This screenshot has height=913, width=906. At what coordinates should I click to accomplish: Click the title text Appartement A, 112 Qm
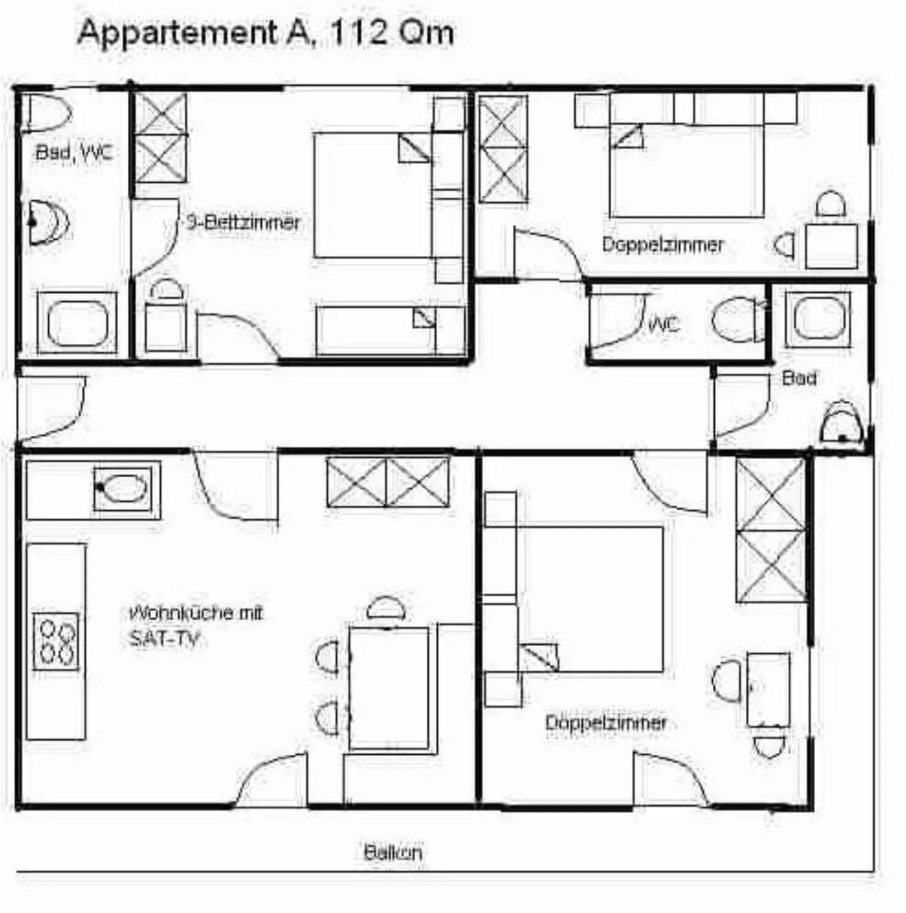pyautogui.click(x=265, y=33)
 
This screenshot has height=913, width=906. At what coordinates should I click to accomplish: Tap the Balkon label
pyautogui.click(x=393, y=852)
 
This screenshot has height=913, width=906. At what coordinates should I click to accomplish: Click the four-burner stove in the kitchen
pyautogui.click(x=56, y=642)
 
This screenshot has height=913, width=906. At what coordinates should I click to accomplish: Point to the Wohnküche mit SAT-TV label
pyautogui.click(x=195, y=625)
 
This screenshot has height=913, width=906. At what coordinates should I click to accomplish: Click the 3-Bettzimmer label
pyautogui.click(x=243, y=222)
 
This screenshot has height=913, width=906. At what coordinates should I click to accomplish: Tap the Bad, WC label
pyautogui.click(x=73, y=152)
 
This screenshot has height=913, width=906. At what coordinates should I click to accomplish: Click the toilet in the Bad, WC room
pyautogui.click(x=48, y=113)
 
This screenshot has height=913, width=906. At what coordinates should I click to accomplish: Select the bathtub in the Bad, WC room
pyautogui.click(x=77, y=323)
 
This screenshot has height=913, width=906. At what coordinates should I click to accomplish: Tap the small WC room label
pyautogui.click(x=664, y=324)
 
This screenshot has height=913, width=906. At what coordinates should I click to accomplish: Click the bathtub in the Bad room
pyautogui.click(x=818, y=319)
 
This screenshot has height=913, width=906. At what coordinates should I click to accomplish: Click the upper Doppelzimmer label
pyautogui.click(x=662, y=245)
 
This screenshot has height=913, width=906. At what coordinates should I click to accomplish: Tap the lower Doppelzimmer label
pyautogui.click(x=605, y=723)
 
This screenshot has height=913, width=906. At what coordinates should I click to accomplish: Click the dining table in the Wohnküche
pyautogui.click(x=389, y=688)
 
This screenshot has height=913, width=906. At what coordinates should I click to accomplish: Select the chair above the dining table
pyautogui.click(x=386, y=608)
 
